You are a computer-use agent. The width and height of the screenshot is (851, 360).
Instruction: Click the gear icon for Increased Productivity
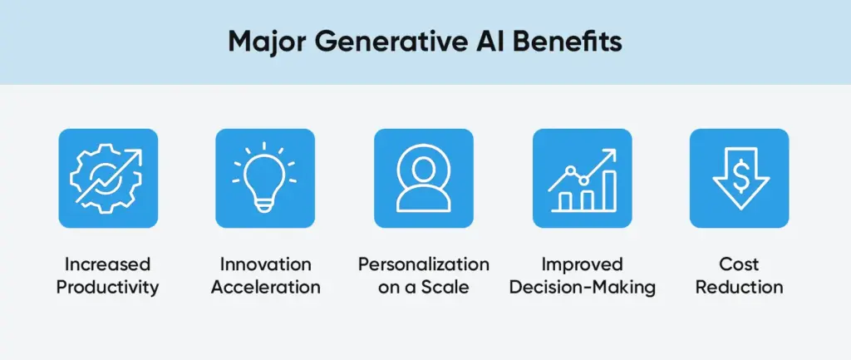(107, 178)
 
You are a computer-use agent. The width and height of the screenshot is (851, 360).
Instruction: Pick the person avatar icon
(424, 178)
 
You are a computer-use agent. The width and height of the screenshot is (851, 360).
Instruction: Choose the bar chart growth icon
(582, 178)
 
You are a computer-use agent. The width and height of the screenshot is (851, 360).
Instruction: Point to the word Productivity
(108, 288)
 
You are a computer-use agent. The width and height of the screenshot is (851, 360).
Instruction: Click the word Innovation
(266, 265)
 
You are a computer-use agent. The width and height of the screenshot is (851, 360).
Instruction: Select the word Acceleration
(266, 288)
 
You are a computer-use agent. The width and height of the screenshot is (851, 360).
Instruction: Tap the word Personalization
(424, 265)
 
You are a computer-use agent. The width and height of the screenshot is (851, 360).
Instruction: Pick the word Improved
(582, 265)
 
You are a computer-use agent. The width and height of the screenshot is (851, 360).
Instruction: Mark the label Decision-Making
(582, 288)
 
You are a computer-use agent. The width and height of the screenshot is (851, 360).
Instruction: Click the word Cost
(739, 265)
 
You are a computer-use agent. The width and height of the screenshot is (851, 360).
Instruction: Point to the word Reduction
(739, 288)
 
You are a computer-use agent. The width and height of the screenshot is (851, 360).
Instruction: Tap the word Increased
(108, 265)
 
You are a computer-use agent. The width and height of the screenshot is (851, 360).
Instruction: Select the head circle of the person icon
(424, 166)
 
